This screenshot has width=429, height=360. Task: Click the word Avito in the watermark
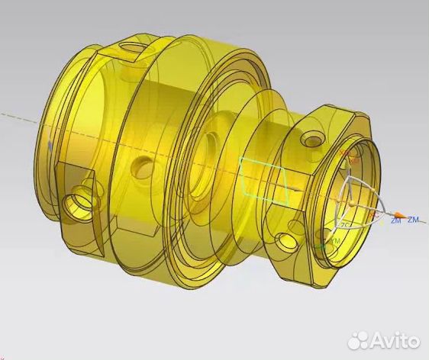pyautogui.click(x=395, y=340)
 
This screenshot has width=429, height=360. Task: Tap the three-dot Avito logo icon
pyautogui.click(x=360, y=339)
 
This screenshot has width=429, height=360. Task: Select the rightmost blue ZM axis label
pyautogui.click(x=413, y=220)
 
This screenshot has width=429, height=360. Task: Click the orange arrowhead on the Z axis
pyautogui.click(x=384, y=214)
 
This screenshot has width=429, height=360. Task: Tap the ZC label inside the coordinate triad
pyautogui.click(x=346, y=225)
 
